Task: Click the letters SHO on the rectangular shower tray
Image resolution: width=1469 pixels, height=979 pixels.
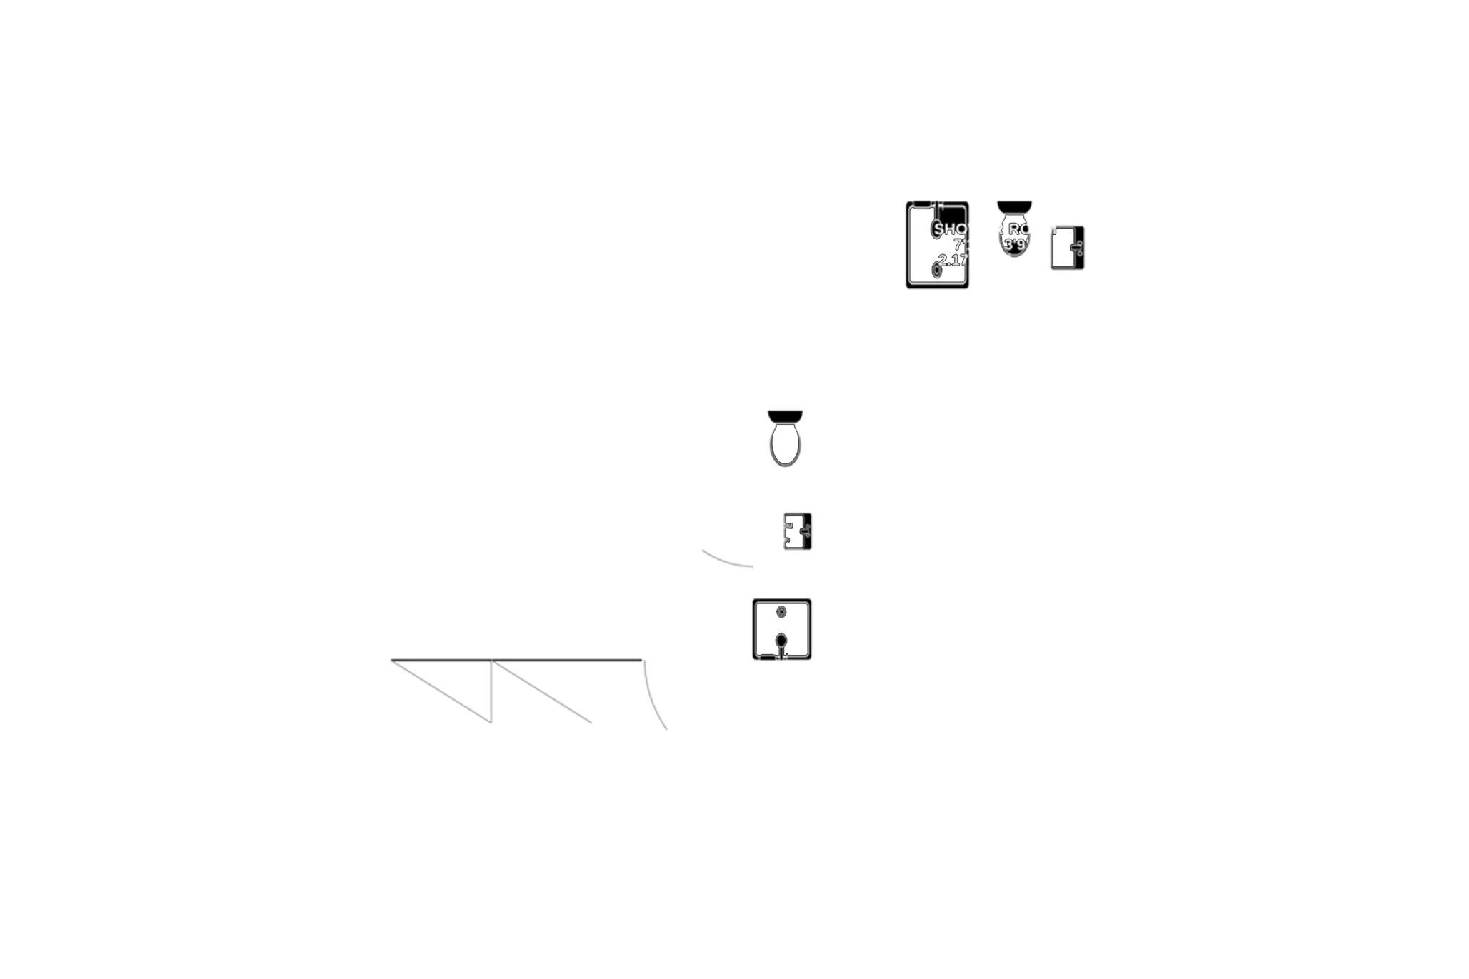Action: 950,229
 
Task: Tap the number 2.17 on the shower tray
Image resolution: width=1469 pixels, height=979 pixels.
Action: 953,260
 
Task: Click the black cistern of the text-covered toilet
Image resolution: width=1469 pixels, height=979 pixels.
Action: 1014,206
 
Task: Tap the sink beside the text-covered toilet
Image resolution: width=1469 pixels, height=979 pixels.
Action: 1067,248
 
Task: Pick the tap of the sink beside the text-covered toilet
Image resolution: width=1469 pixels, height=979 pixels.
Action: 1078,248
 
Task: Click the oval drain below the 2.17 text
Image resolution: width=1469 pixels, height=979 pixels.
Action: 936,271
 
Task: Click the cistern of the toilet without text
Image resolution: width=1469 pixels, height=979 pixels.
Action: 785,416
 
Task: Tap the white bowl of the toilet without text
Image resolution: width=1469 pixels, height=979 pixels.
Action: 785,445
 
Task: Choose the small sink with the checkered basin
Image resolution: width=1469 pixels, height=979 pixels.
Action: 796,531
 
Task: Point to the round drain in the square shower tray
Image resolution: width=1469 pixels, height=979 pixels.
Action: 781,611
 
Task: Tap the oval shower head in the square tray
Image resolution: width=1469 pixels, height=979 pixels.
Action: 781,640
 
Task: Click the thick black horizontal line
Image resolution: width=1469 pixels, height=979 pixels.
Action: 518,659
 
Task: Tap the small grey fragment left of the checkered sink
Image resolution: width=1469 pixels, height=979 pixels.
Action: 727,559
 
